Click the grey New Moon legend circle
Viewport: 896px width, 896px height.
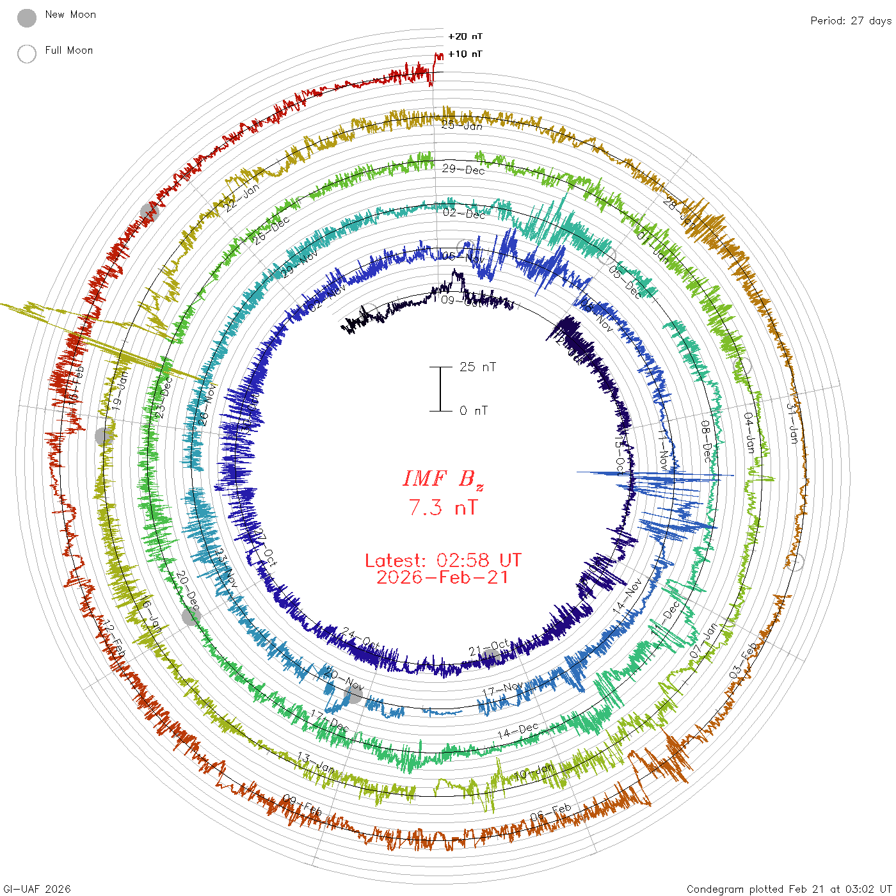click(27, 18)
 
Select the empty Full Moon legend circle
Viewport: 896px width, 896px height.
click(27, 54)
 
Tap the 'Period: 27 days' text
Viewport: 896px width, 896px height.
click(851, 20)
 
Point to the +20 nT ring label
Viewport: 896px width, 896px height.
click(465, 36)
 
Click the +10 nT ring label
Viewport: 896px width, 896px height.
click(465, 54)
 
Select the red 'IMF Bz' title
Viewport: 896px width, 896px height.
click(443, 479)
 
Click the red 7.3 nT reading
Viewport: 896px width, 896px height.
click(443, 508)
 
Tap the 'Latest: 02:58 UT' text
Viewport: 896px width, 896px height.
click(443, 561)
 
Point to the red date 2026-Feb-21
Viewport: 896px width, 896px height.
click(443, 577)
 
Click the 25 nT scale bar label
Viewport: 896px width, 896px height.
click(477, 367)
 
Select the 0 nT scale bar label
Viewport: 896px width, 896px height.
click(474, 410)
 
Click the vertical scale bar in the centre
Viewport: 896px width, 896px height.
click(440, 389)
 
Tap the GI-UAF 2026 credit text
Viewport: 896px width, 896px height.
click(36, 889)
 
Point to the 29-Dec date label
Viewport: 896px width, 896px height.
click(463, 169)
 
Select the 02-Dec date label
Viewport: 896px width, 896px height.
click(464, 213)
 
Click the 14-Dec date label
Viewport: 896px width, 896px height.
click(518, 730)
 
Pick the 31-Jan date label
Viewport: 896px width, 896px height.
click(792, 423)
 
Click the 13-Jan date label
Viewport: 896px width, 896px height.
click(316, 762)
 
